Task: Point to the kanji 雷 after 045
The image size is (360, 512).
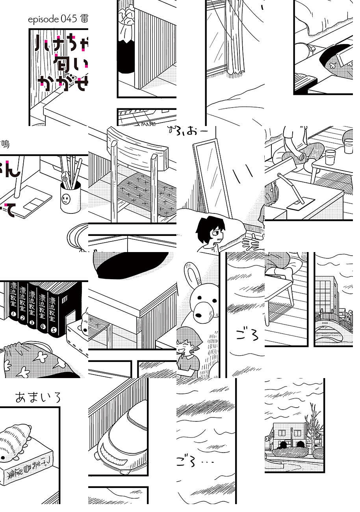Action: click(84, 19)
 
